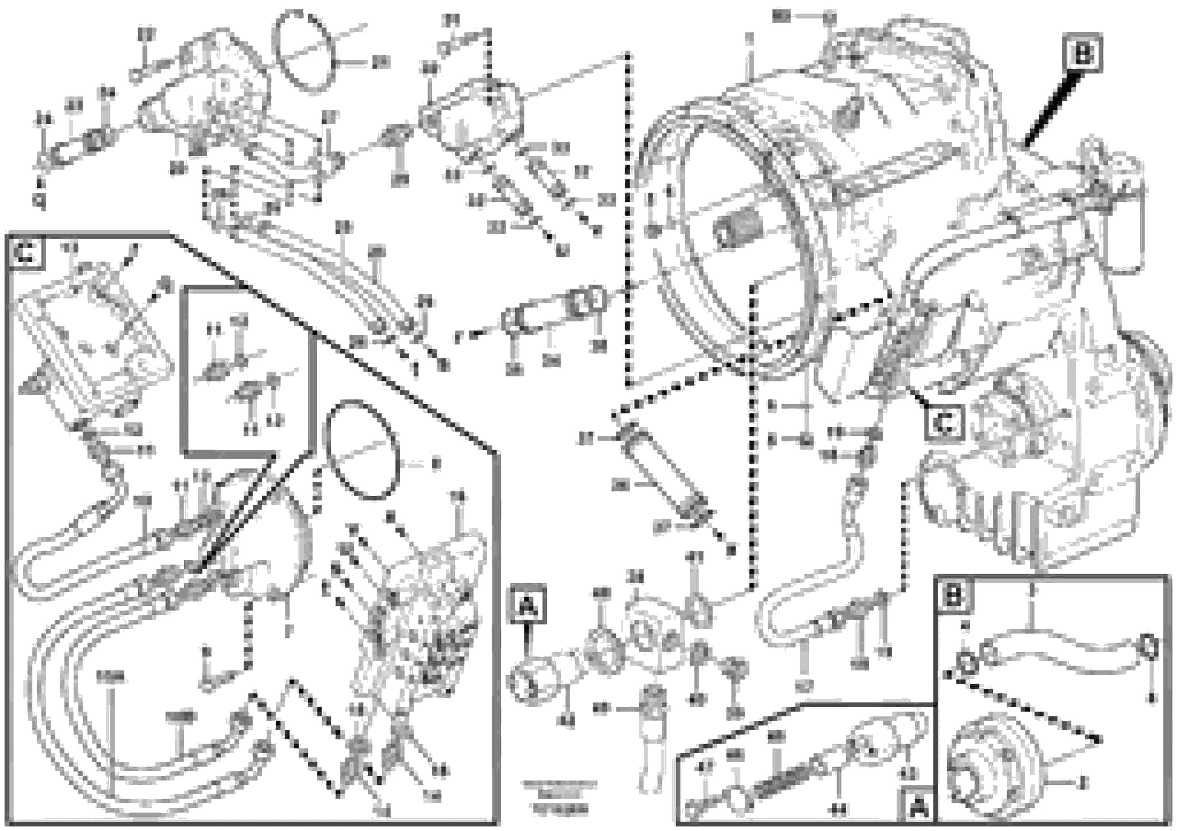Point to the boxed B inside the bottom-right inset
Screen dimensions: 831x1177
point(954,595)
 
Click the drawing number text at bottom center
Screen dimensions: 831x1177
point(559,798)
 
